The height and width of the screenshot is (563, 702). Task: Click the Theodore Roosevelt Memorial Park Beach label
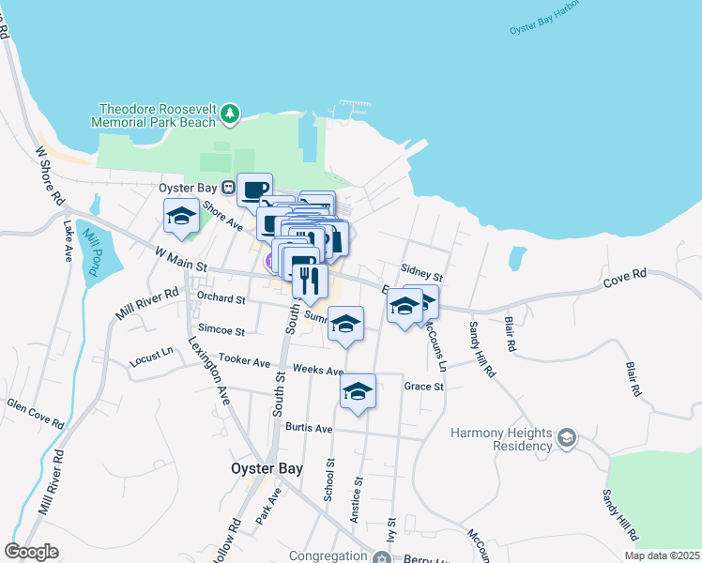tap(155, 115)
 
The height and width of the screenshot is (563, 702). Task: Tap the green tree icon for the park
tap(230, 115)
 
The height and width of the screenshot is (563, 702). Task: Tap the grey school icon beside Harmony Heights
tap(566, 438)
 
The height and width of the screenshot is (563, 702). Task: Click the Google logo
tap(31, 552)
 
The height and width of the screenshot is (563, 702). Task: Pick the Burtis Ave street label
tap(309, 429)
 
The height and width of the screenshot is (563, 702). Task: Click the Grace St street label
tap(423, 386)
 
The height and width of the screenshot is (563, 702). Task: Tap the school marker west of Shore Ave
tap(181, 218)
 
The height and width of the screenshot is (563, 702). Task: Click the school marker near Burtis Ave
tap(358, 392)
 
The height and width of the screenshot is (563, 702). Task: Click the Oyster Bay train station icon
tap(215, 188)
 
